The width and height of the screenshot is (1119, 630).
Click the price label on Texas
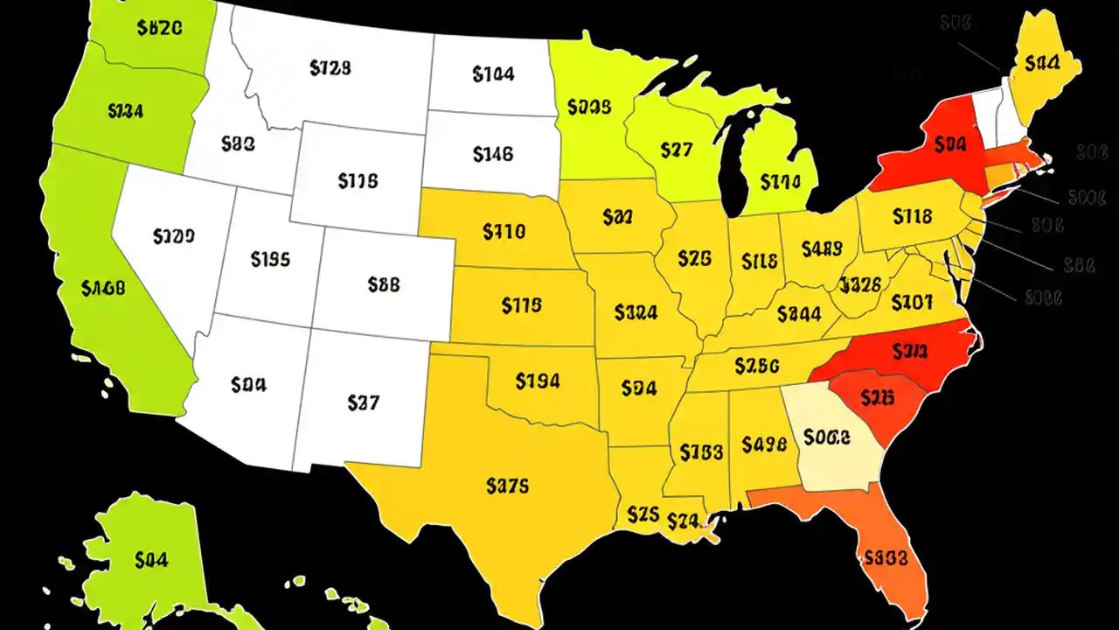tap(508, 486)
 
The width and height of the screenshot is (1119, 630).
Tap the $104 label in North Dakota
tap(493, 75)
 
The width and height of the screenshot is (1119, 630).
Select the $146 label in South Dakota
tap(492, 155)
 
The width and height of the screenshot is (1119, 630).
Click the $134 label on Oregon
tap(126, 111)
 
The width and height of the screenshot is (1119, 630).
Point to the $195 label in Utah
tap(270, 259)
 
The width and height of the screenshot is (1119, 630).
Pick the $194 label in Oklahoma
tap(538, 381)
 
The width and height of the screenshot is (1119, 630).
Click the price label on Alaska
tap(152, 560)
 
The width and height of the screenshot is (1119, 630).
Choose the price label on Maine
tap(1043, 63)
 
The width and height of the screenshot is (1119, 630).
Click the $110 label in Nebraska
tap(504, 232)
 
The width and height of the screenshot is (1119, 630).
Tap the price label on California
tap(103, 287)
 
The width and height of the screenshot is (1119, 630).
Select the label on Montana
tap(330, 66)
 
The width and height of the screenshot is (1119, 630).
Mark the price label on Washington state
tap(160, 27)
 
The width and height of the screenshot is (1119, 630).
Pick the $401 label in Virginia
tap(912, 304)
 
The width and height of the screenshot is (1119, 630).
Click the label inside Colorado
tap(384, 284)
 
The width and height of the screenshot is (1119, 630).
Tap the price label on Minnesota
tap(589, 108)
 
